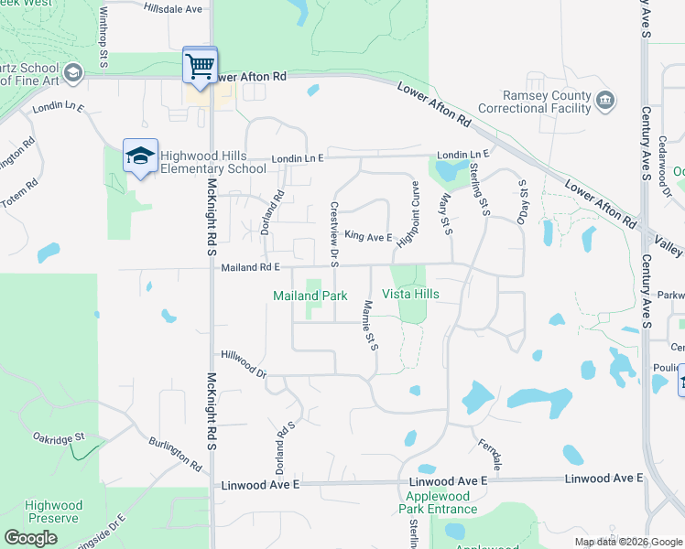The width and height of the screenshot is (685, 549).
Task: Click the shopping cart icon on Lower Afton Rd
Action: point(200,65)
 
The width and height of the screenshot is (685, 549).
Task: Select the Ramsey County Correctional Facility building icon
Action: point(604,100)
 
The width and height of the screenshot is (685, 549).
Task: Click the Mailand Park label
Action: point(310,296)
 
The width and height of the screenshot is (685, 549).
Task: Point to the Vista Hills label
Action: point(410,294)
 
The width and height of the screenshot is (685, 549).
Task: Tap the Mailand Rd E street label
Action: point(250,268)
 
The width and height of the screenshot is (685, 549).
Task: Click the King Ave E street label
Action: point(368,236)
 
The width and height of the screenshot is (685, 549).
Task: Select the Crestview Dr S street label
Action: point(334,230)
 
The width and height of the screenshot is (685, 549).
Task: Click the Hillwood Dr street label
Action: point(244,364)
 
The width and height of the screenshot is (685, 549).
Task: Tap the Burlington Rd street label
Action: point(175,453)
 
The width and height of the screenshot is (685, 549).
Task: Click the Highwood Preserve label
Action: point(54,511)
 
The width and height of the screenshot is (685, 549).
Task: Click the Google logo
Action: point(31,538)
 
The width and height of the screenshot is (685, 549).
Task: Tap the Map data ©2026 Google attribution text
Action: point(628,542)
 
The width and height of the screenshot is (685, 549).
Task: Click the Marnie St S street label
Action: point(370,326)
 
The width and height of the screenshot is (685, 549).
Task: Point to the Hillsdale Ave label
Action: point(173,8)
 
